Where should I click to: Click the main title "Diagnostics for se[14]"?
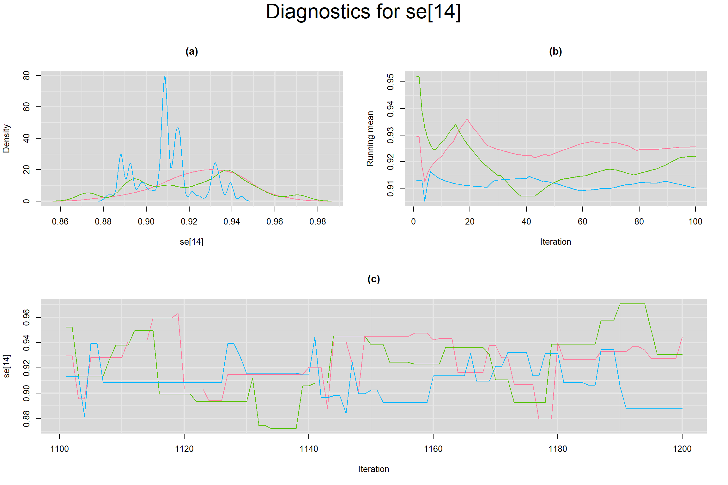coord(363,12)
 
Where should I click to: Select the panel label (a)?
coord(191,51)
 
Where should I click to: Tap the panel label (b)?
coord(555,51)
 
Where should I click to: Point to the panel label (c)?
coord(373,279)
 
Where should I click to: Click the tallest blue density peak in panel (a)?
coord(165,77)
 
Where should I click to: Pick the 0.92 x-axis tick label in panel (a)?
coord(189,222)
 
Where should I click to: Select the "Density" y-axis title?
coord(6,139)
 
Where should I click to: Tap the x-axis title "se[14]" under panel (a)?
coord(191,242)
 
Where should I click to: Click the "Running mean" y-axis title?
coord(370,139)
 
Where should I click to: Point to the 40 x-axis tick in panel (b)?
coord(526,222)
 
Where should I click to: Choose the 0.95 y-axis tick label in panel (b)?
coord(391,82)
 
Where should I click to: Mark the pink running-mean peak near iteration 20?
coord(467,119)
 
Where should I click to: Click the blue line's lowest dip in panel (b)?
coord(425,201)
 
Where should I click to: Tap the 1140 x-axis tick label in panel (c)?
coord(309,449)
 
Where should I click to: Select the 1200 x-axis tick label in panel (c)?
coord(682,449)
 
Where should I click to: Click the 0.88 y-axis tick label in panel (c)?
coord(27,419)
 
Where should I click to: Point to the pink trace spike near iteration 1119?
coord(178,314)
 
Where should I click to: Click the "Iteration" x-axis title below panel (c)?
coord(373,469)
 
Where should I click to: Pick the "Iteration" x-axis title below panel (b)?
coord(555,242)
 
